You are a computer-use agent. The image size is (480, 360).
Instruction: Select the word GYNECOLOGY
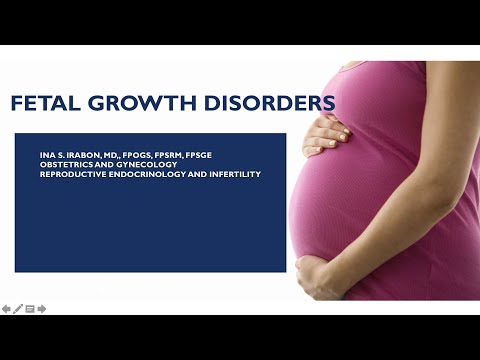pyautogui.click(x=134, y=165)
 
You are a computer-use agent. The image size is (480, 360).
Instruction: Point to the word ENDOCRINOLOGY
pyautogui.click(x=140, y=174)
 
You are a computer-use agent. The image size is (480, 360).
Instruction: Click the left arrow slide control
pyautogui.click(x=6, y=308)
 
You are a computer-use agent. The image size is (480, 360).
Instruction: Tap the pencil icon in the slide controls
pyautogui.click(x=18, y=308)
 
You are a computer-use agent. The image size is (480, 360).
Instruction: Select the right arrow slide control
pyautogui.click(x=42, y=308)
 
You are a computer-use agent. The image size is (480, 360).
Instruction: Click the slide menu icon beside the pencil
pyautogui.click(x=30, y=308)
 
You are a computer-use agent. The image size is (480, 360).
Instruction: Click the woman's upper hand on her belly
pyautogui.click(x=324, y=133)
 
